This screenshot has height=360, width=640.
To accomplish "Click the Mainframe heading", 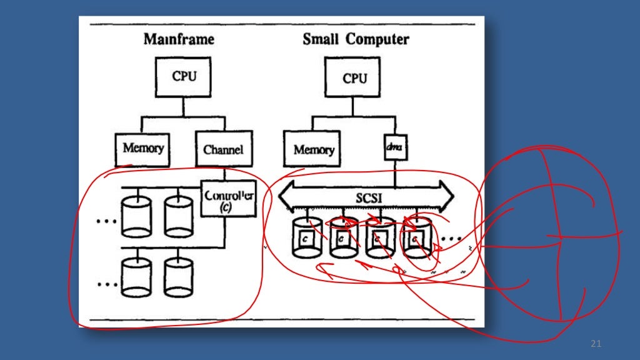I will (x=179, y=39).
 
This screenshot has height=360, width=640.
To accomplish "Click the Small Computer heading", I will (x=356, y=39).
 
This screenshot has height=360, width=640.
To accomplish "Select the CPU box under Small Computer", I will (x=354, y=79).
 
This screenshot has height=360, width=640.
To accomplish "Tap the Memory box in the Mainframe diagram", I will (x=143, y=149).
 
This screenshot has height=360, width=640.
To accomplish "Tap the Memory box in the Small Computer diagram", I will (x=313, y=150).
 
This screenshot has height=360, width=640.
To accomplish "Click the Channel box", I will (x=223, y=149).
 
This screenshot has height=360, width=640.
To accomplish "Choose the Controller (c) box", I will (x=229, y=199).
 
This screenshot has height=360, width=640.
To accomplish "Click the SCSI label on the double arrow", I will (x=365, y=197).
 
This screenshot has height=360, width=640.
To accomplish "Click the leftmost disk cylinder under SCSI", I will (x=306, y=238).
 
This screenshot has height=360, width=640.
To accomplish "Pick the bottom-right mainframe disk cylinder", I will (x=179, y=278).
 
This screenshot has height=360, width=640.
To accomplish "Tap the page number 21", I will (x=595, y=344).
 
